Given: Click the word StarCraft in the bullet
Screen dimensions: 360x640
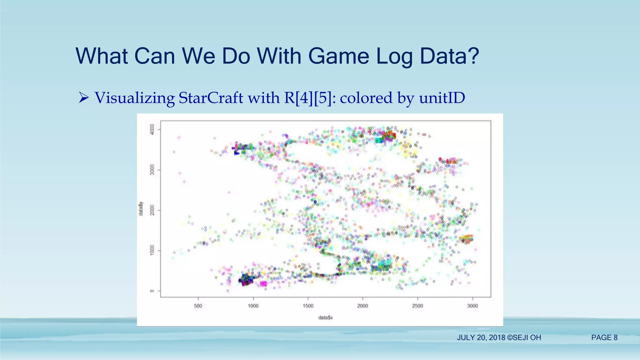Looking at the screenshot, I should (x=211, y=98).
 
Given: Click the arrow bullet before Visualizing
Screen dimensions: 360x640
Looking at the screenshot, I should (x=83, y=98).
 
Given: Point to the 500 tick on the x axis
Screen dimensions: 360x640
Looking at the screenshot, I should (x=198, y=306).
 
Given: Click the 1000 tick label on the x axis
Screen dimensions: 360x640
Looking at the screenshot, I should (x=253, y=306).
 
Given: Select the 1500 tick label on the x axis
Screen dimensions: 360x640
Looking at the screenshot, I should (x=308, y=306).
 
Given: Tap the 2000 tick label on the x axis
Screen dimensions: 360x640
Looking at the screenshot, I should (x=362, y=306).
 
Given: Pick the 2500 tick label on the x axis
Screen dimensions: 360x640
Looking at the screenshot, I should (x=417, y=306).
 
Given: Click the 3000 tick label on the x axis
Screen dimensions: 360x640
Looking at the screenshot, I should (x=472, y=306).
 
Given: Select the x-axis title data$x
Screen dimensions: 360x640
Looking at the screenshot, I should (x=325, y=317).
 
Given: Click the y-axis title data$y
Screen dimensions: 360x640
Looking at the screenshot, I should (x=141, y=208).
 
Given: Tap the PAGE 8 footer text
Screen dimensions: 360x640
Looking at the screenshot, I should (x=604, y=337).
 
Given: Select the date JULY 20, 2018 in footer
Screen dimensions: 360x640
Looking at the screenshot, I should (x=481, y=337).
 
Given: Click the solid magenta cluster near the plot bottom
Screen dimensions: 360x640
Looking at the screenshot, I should (x=263, y=284).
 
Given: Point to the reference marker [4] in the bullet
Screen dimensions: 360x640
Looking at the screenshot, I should (x=302, y=98).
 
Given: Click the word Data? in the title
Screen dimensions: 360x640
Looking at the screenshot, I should (x=449, y=57).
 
